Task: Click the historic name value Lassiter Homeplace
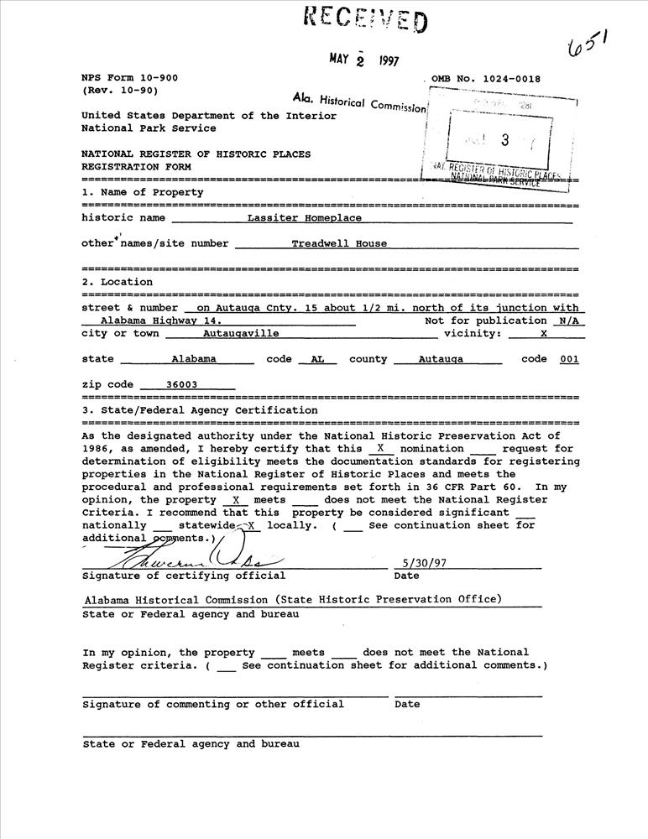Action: (x=305, y=217)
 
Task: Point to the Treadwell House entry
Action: (x=339, y=243)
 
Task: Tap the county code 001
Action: (x=568, y=358)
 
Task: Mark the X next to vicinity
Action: (x=543, y=333)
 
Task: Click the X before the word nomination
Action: (x=380, y=448)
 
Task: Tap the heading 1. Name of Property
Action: (x=142, y=192)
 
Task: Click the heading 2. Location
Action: (x=117, y=282)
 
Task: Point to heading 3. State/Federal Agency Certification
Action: (x=200, y=410)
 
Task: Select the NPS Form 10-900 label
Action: (x=129, y=77)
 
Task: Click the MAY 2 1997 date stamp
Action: (x=363, y=60)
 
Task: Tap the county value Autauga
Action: (x=442, y=358)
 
